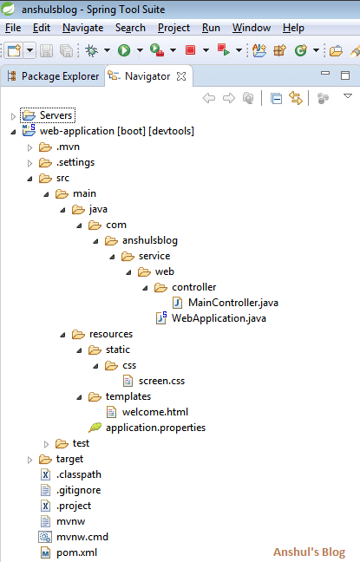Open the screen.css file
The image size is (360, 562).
coord(160,381)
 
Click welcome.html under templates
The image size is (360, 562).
coord(154,412)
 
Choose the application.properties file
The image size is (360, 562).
coord(154,428)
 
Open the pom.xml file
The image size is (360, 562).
coord(75,552)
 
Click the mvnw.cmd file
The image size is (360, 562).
coord(82,537)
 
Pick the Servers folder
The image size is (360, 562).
coord(56,115)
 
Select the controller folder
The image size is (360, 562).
coord(193,287)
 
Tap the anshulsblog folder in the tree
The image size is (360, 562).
coord(150,240)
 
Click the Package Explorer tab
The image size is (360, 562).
coord(59,76)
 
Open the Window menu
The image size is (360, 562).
coord(252,28)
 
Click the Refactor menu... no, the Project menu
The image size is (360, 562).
coord(173,28)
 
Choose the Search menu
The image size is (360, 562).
coord(130,28)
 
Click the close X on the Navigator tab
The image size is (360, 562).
coord(180,76)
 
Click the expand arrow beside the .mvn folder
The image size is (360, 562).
coord(29,147)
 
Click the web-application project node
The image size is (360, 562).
coord(116,131)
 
